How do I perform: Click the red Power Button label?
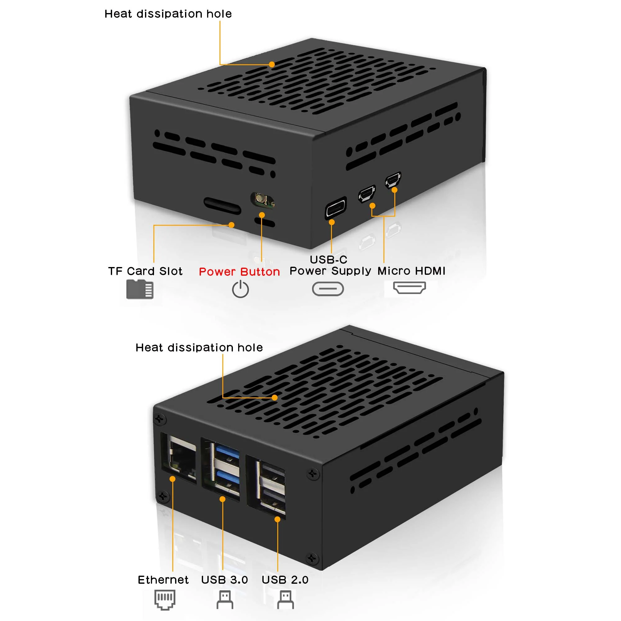pyautogui.click(x=239, y=272)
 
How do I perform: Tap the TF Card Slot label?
pyautogui.click(x=145, y=271)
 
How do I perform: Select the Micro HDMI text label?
pyautogui.click(x=411, y=271)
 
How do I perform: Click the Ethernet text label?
pyautogui.click(x=163, y=579)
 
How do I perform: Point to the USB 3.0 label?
pyautogui.click(x=224, y=579)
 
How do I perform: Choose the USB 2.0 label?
pyautogui.click(x=285, y=579)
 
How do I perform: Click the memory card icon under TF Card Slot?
pyautogui.click(x=140, y=289)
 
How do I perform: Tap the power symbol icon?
pyautogui.click(x=240, y=289)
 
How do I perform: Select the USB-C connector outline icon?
pyautogui.click(x=328, y=289)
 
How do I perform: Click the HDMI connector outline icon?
pyautogui.click(x=410, y=287)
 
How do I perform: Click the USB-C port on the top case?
pyautogui.click(x=336, y=208)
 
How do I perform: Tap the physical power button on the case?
pyautogui.click(x=262, y=201)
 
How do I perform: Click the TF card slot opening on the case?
pyautogui.click(x=222, y=206)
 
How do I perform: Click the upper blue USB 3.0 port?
pyautogui.click(x=228, y=452)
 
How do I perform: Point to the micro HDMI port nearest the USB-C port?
pyautogui.click(x=367, y=194)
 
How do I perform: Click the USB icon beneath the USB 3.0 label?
pyautogui.click(x=225, y=600)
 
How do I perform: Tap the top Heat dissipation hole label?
pyautogui.click(x=168, y=14)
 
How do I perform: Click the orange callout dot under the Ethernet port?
pyautogui.click(x=173, y=479)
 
